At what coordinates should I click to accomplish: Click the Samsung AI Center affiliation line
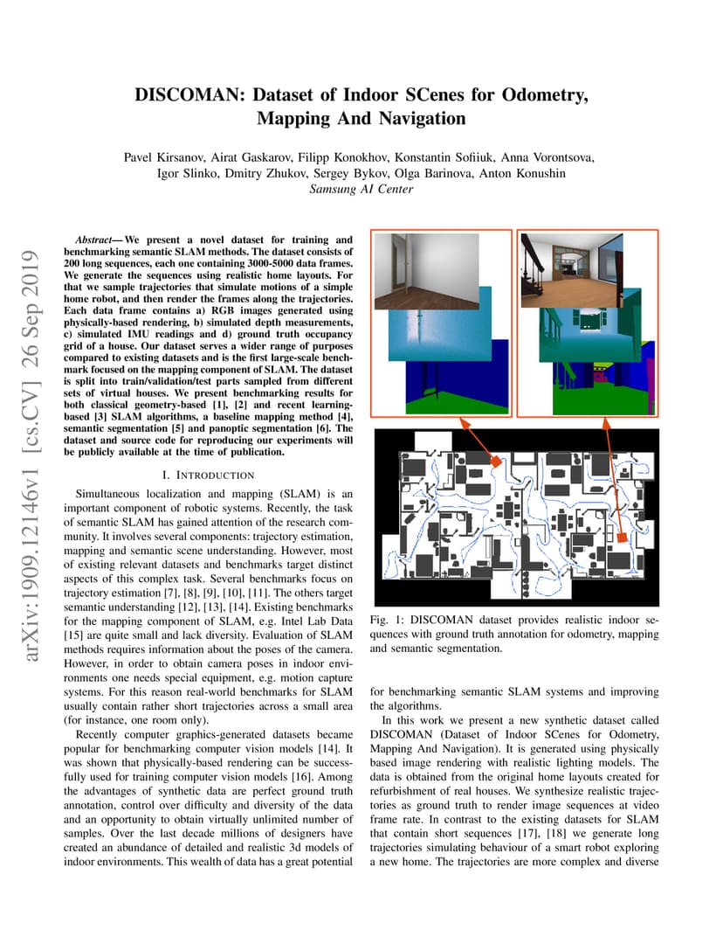pos(361,189)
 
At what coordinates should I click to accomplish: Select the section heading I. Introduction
pos(209,475)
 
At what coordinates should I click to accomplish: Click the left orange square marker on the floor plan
pos(494,460)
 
